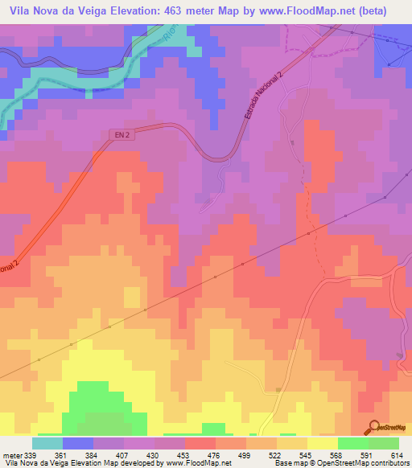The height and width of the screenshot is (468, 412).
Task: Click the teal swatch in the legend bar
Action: pyautogui.click(x=47, y=443)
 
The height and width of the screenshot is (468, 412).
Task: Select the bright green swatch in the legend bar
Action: pyautogui.click(x=353, y=443)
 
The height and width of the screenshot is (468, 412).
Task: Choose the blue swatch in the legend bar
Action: pyautogui.click(x=78, y=443)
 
